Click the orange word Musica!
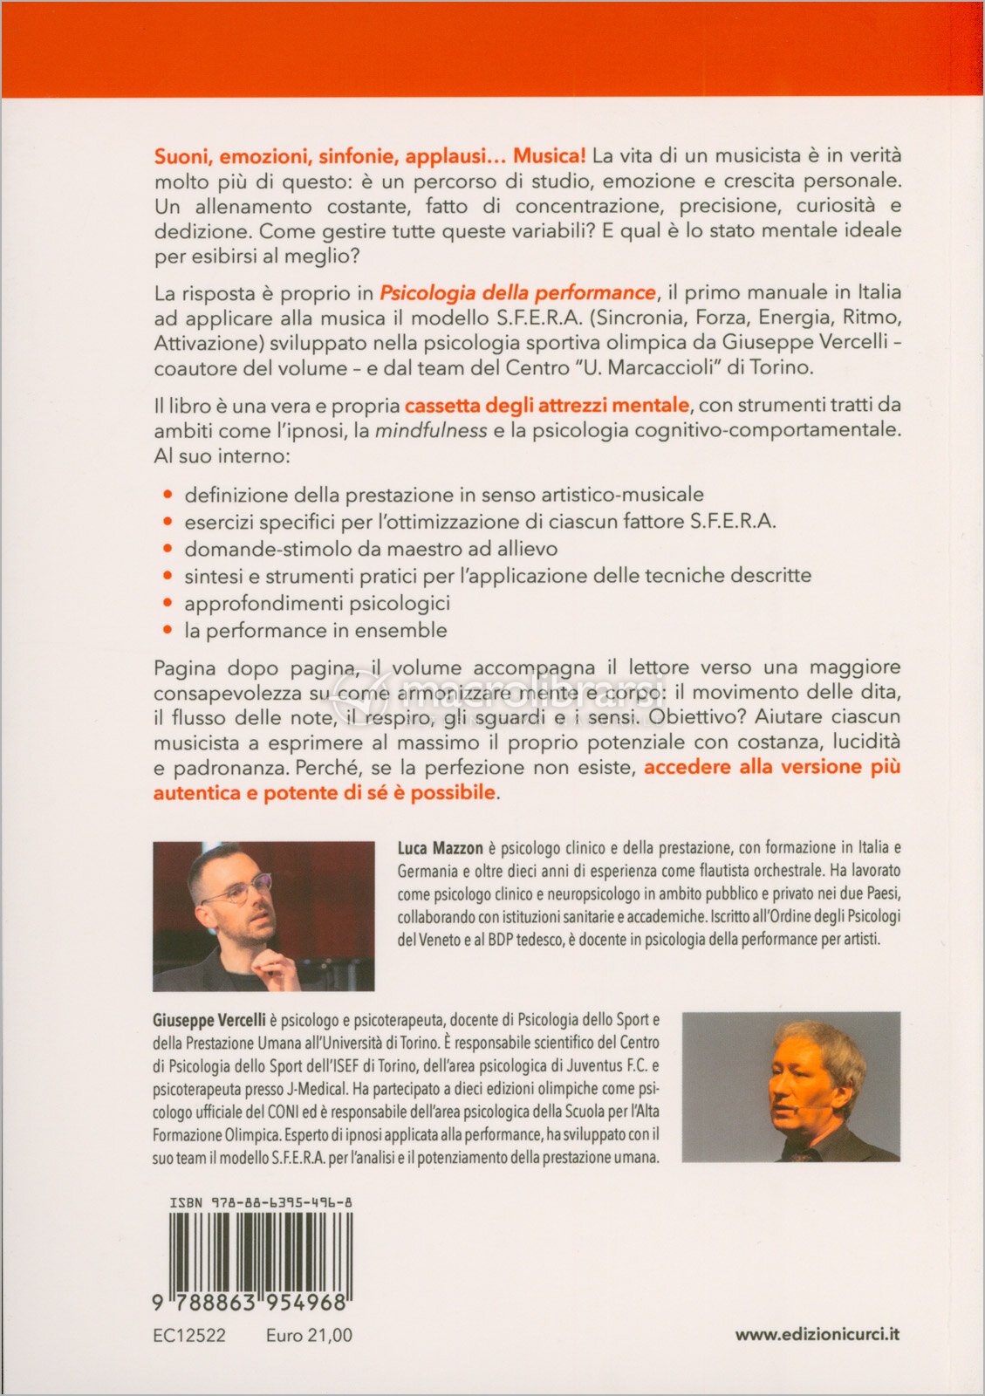[x=549, y=156]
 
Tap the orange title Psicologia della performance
[x=517, y=292]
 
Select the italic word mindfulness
[x=431, y=430]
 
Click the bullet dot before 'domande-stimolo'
[x=168, y=550]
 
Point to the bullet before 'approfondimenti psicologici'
[x=168, y=604]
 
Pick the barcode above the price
[x=261, y=1255]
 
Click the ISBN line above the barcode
[x=261, y=1202]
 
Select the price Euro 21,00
[x=309, y=1336]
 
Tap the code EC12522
[x=188, y=1336]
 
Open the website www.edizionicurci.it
[x=817, y=1334]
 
